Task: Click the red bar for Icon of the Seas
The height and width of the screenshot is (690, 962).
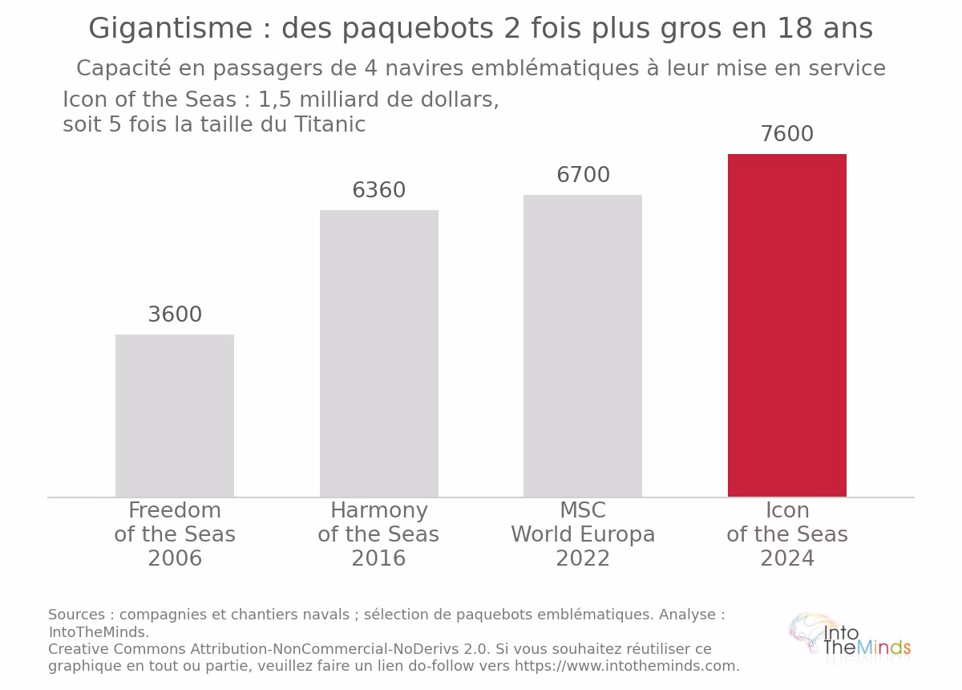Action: pyautogui.click(x=786, y=326)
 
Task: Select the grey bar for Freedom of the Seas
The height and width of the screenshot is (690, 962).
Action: pyautogui.click(x=175, y=416)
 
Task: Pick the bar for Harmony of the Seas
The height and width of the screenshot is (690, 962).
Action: pyautogui.click(x=379, y=353)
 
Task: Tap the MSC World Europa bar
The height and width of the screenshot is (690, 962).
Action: pyautogui.click(x=583, y=346)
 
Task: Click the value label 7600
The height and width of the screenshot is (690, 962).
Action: pyautogui.click(x=787, y=134)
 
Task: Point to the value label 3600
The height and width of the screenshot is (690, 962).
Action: pyautogui.click(x=175, y=315)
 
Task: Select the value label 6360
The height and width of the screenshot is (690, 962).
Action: pyautogui.click(x=378, y=190)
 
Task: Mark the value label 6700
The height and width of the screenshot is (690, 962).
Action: pyautogui.click(x=584, y=175)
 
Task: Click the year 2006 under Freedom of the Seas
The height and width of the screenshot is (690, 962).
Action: pyautogui.click(x=175, y=558)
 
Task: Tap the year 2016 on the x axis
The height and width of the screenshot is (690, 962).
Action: pyautogui.click(x=378, y=558)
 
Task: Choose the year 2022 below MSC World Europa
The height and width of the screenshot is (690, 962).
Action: pyautogui.click(x=583, y=558)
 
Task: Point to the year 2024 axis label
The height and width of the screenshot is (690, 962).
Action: pyautogui.click(x=787, y=558)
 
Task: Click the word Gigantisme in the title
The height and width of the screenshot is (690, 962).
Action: pyautogui.click(x=171, y=29)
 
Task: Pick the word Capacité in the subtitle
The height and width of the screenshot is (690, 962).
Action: pyautogui.click(x=123, y=68)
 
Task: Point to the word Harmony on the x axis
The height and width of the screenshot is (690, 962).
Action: pyautogui.click(x=378, y=511)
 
